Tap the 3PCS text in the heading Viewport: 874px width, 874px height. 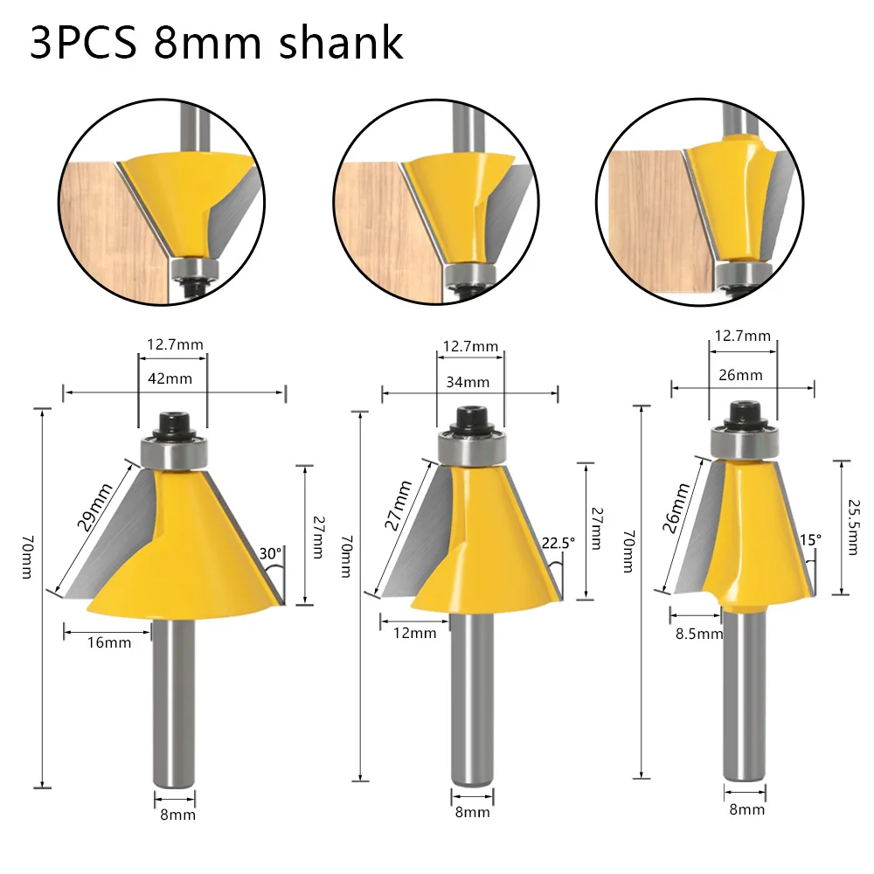83,43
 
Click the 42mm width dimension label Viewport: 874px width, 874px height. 170,378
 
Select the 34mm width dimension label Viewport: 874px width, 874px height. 468,382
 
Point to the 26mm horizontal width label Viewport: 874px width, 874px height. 740,375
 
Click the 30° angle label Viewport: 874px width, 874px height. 270,553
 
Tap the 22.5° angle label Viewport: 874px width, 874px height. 558,543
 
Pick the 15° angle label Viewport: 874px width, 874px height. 810,539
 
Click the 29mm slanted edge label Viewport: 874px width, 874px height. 94,507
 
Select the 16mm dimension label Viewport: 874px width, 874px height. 109,642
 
